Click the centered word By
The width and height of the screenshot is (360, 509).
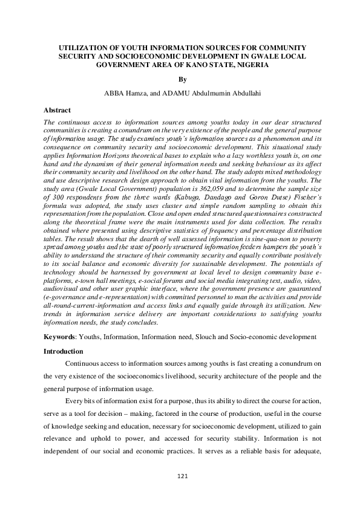click(x=180, y=79)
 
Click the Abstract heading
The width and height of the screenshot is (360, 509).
click(x=57, y=111)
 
